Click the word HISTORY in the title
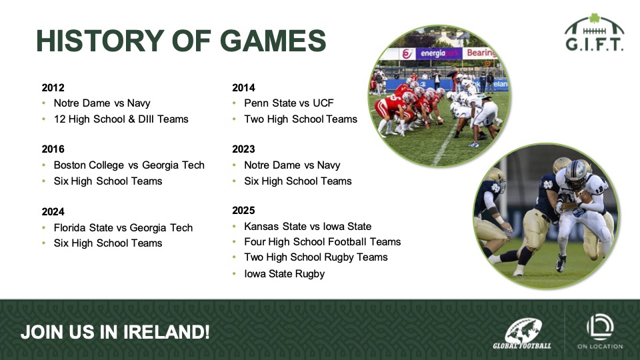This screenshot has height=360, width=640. (x=100, y=41)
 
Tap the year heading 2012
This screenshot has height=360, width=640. (x=53, y=88)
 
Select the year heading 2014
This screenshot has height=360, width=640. (x=243, y=88)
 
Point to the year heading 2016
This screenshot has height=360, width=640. (x=53, y=149)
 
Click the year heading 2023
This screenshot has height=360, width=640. (x=243, y=149)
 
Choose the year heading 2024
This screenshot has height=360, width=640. (x=53, y=211)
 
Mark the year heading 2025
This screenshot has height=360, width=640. (x=243, y=210)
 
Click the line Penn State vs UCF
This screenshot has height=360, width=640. (x=289, y=103)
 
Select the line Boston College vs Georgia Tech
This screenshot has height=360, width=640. (x=129, y=165)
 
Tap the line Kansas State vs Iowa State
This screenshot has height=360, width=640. (x=308, y=227)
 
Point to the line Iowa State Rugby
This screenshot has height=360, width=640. (x=285, y=274)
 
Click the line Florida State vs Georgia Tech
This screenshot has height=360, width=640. (x=123, y=228)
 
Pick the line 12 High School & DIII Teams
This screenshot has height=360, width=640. (x=121, y=119)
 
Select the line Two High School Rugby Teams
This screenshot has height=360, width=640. (x=316, y=257)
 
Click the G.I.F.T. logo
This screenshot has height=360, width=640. (x=595, y=33)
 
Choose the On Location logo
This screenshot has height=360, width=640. (x=600, y=331)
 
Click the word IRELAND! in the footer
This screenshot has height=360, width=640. (x=166, y=332)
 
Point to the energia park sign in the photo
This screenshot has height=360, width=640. (x=439, y=53)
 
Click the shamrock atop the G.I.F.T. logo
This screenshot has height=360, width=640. (x=595, y=18)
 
